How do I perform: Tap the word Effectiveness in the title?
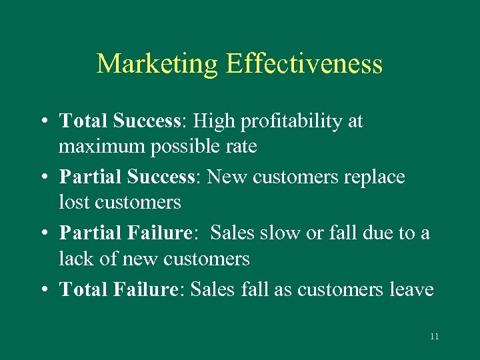[x=304, y=64]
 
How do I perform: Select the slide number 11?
[x=434, y=337]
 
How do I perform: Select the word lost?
[x=73, y=201]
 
